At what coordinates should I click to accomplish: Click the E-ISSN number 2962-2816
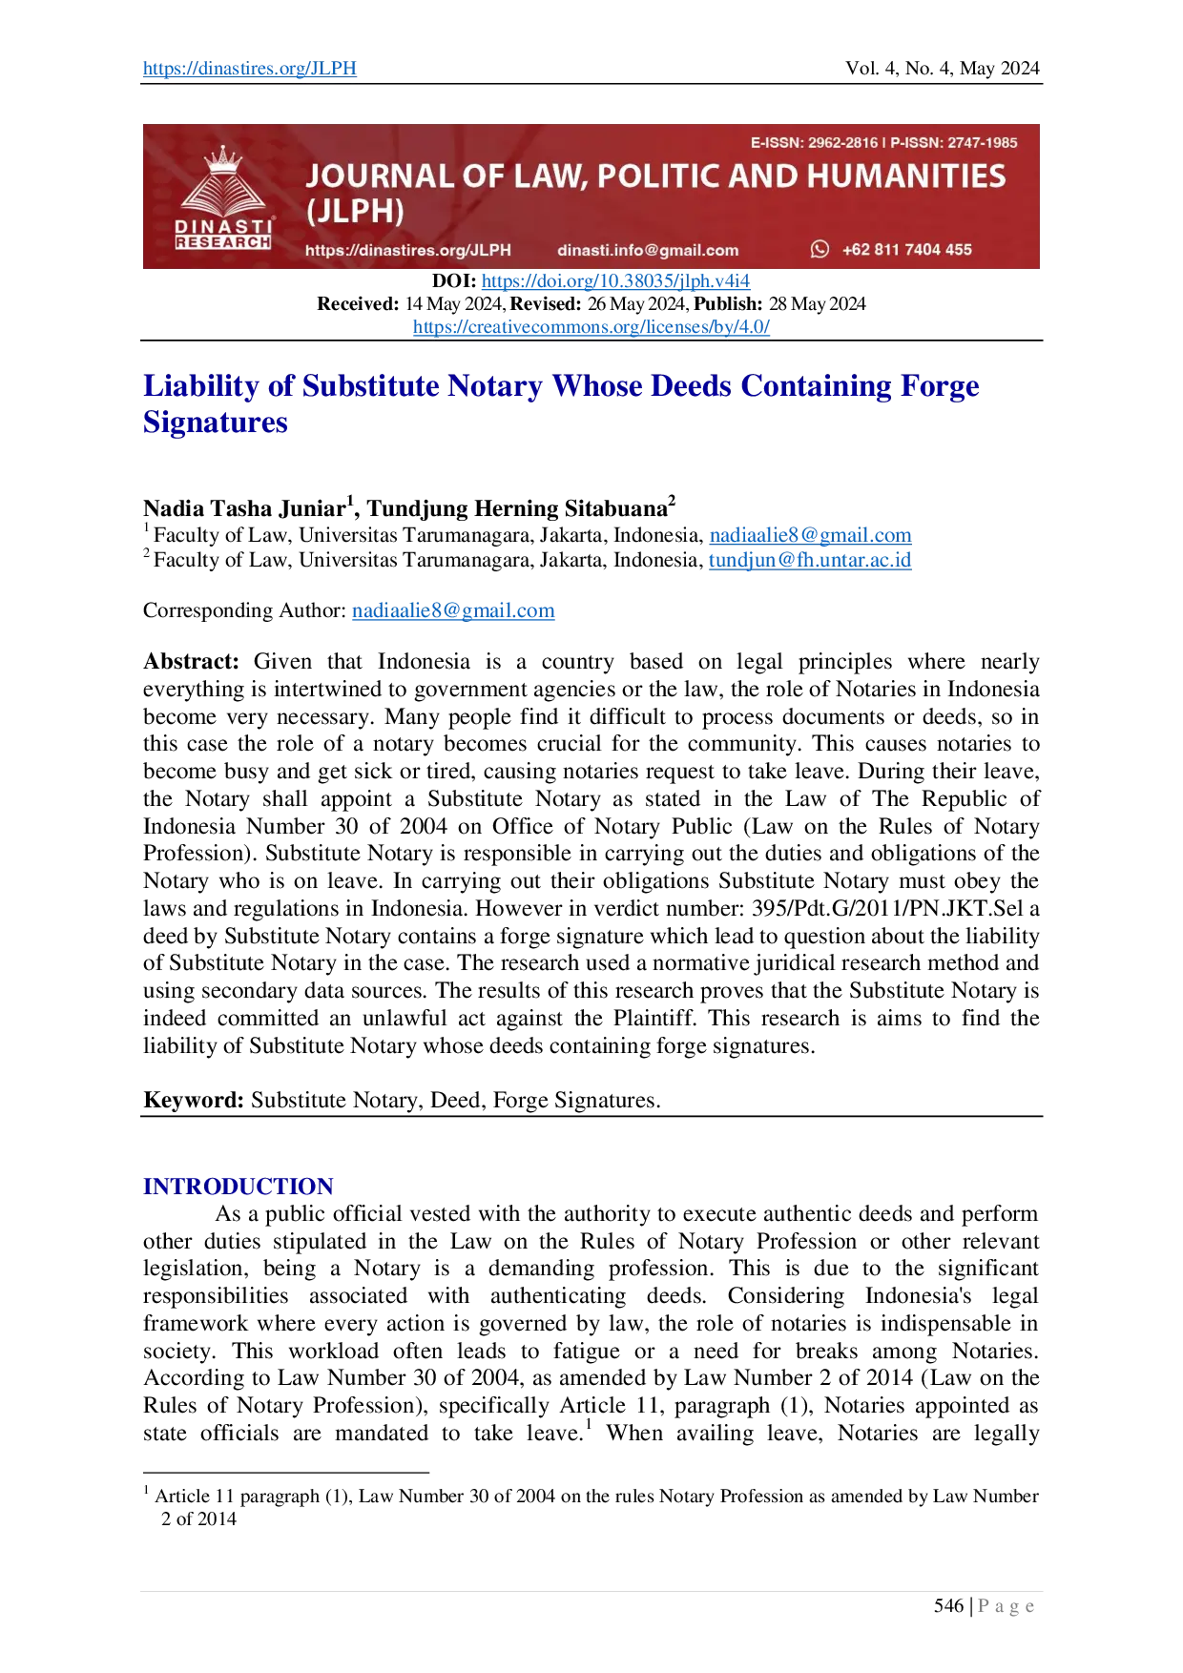click(x=842, y=143)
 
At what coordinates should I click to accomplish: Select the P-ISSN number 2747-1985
click(x=982, y=143)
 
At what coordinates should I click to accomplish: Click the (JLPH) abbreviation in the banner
click(x=355, y=212)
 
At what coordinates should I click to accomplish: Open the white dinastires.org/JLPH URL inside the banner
click(x=407, y=250)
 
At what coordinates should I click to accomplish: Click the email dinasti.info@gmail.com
click(x=648, y=250)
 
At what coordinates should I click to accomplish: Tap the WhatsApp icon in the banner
click(x=820, y=249)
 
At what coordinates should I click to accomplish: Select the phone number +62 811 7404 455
click(x=906, y=250)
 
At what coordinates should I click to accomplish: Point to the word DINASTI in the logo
click(x=223, y=227)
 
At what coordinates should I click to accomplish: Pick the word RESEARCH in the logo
click(x=223, y=242)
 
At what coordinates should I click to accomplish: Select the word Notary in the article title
click(x=495, y=386)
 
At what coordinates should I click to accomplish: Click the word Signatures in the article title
click(x=216, y=423)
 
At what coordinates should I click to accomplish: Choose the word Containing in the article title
click(x=816, y=386)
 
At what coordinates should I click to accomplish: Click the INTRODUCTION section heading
click(x=238, y=1187)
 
